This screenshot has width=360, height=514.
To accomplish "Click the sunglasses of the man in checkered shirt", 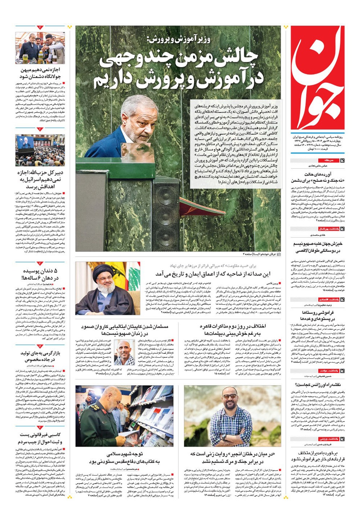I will click(x=230, y=396).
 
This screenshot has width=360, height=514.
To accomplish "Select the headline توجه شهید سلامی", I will click(x=124, y=457).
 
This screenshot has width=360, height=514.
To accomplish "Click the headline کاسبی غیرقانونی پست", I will click(x=40, y=438).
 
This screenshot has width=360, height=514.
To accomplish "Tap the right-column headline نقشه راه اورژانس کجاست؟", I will click(x=317, y=385).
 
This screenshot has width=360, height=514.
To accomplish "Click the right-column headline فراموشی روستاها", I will click(x=317, y=316).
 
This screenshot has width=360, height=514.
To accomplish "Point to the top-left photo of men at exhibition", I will click(x=40, y=48).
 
